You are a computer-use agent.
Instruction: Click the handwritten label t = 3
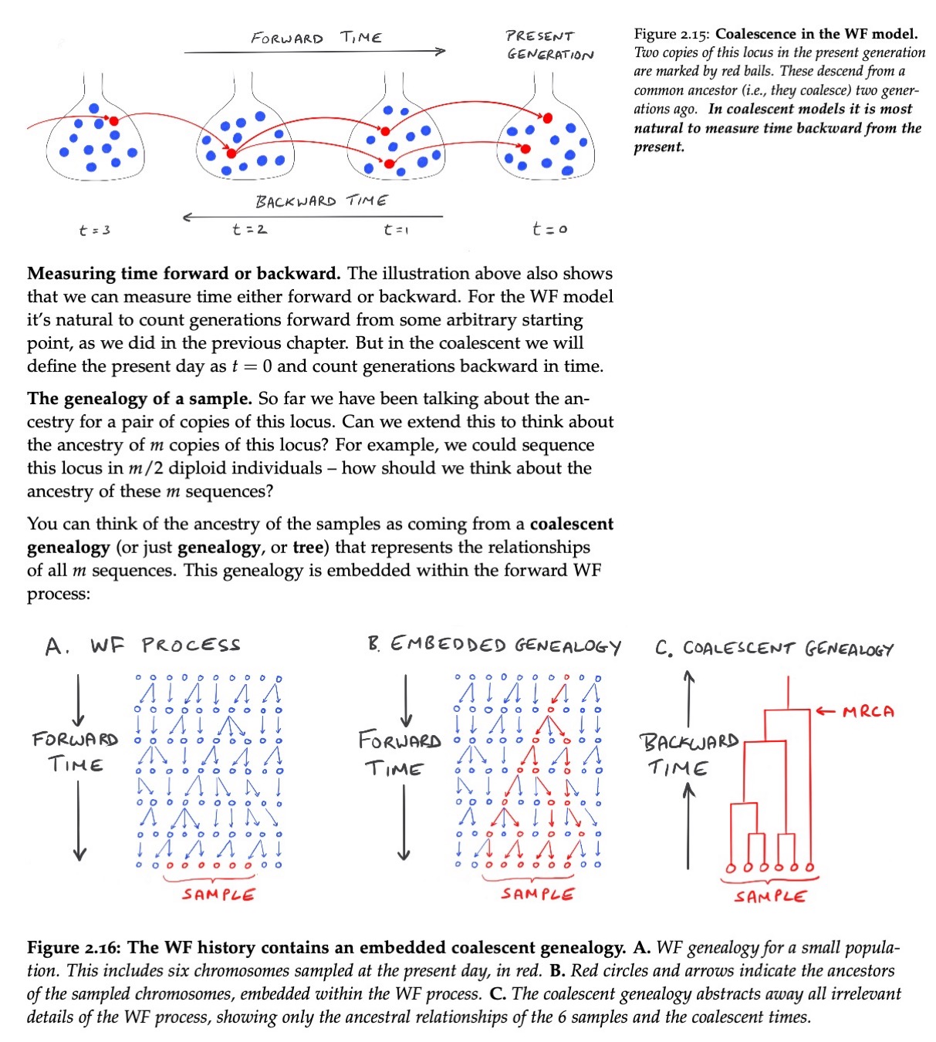click(x=95, y=230)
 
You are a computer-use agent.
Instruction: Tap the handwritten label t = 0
click(x=549, y=228)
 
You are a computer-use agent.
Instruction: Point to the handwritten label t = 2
click(x=249, y=229)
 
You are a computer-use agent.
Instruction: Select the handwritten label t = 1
click(x=396, y=229)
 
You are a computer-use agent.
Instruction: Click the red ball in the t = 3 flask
click(x=113, y=121)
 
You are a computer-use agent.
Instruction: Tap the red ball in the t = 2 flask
click(x=231, y=153)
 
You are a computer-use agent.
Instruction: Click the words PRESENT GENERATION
click(x=550, y=46)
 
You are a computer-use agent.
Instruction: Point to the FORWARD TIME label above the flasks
click(x=316, y=38)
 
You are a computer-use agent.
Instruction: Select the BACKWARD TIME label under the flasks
click(x=322, y=201)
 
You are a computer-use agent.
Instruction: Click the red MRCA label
click(x=869, y=712)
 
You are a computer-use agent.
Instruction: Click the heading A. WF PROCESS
click(x=143, y=646)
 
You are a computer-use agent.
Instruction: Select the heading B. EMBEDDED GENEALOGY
click(x=495, y=645)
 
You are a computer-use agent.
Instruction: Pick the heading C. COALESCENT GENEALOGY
click(x=775, y=649)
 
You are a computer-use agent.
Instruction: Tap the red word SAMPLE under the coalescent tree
click(x=770, y=897)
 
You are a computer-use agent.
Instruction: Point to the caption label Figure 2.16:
click(x=73, y=947)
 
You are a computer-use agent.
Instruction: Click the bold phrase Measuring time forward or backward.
click(x=184, y=273)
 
